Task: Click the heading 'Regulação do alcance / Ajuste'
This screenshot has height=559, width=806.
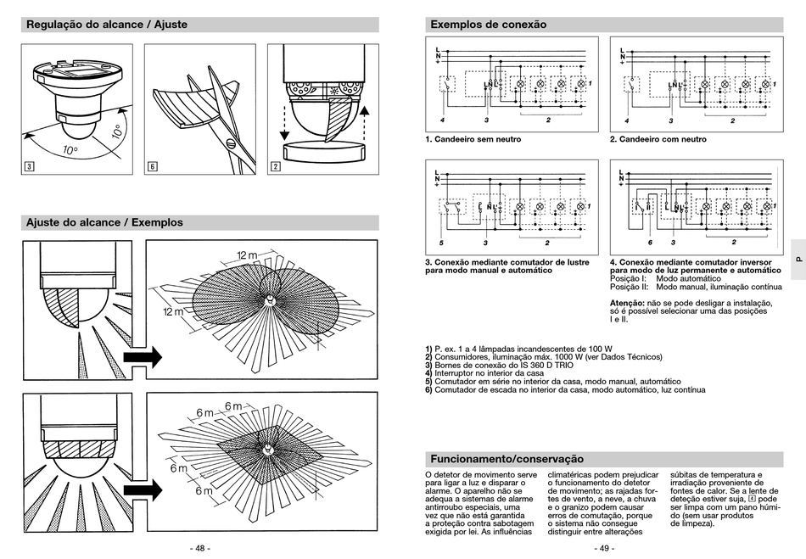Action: pyautogui.click(x=107, y=25)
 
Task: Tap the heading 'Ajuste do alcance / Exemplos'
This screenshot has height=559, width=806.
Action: pyautogui.click(x=104, y=222)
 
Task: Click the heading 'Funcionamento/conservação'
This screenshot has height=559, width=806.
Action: pyautogui.click(x=507, y=459)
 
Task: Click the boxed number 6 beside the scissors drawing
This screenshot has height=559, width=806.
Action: pyautogui.click(x=152, y=166)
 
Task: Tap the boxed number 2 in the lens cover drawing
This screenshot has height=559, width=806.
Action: pyautogui.click(x=276, y=166)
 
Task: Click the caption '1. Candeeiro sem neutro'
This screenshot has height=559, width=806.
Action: pyautogui.click(x=473, y=139)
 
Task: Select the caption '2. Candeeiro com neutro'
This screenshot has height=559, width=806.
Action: pyautogui.click(x=658, y=139)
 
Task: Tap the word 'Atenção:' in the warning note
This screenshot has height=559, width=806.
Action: pyautogui.click(x=627, y=303)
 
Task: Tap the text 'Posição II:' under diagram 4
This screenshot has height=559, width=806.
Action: pyautogui.click(x=630, y=287)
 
